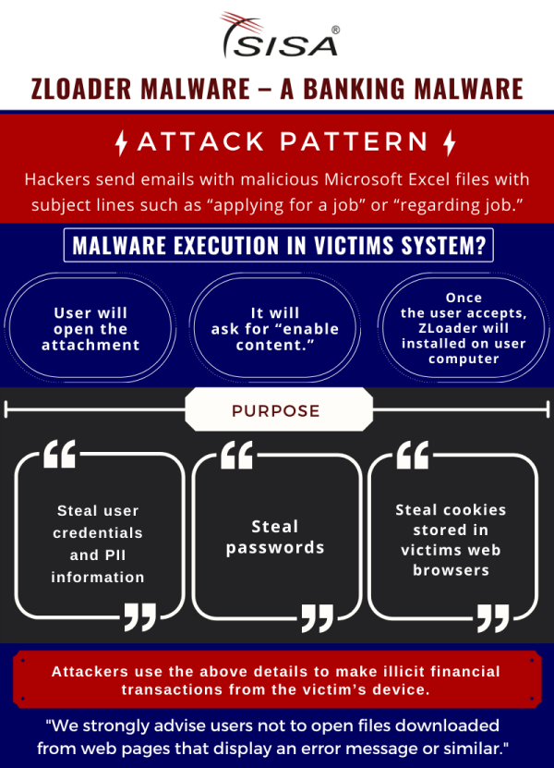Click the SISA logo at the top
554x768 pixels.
(x=277, y=37)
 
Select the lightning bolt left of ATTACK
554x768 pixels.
(x=121, y=142)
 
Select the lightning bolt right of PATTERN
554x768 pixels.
(x=450, y=142)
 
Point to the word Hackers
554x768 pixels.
(x=57, y=178)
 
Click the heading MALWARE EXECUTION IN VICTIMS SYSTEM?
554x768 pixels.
(x=278, y=247)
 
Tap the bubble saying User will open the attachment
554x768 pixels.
(x=90, y=329)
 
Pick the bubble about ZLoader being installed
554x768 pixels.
(x=464, y=329)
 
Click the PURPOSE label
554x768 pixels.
(x=276, y=410)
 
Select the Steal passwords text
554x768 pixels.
(x=275, y=537)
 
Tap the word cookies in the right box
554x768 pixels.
(x=475, y=510)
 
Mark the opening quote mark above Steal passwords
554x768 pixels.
(x=237, y=456)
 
